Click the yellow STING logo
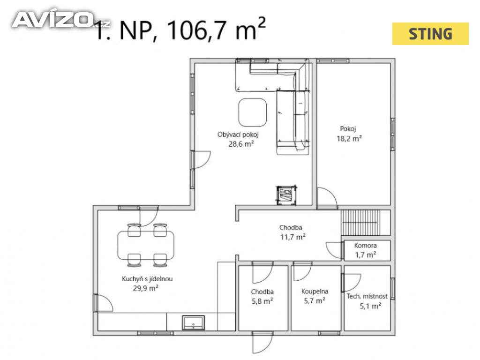[430, 34]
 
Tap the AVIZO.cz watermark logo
[60, 20]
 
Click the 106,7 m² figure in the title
[216, 29]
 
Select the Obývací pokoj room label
[238, 135]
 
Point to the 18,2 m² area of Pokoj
[349, 138]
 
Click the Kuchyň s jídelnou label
[147, 279]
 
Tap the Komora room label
[365, 245]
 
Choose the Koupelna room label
[315, 292]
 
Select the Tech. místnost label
[367, 296]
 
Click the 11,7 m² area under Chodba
[293, 237]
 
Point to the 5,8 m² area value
[262, 301]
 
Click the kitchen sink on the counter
[193, 322]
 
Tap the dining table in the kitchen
[146, 245]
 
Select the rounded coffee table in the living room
[252, 112]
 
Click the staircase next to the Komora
[360, 223]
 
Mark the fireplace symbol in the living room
[286, 195]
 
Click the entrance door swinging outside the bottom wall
[262, 343]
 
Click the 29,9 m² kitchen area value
[145, 288]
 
